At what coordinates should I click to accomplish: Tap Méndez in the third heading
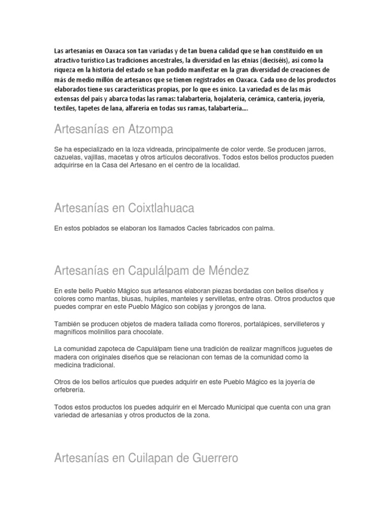coord(224,270)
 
